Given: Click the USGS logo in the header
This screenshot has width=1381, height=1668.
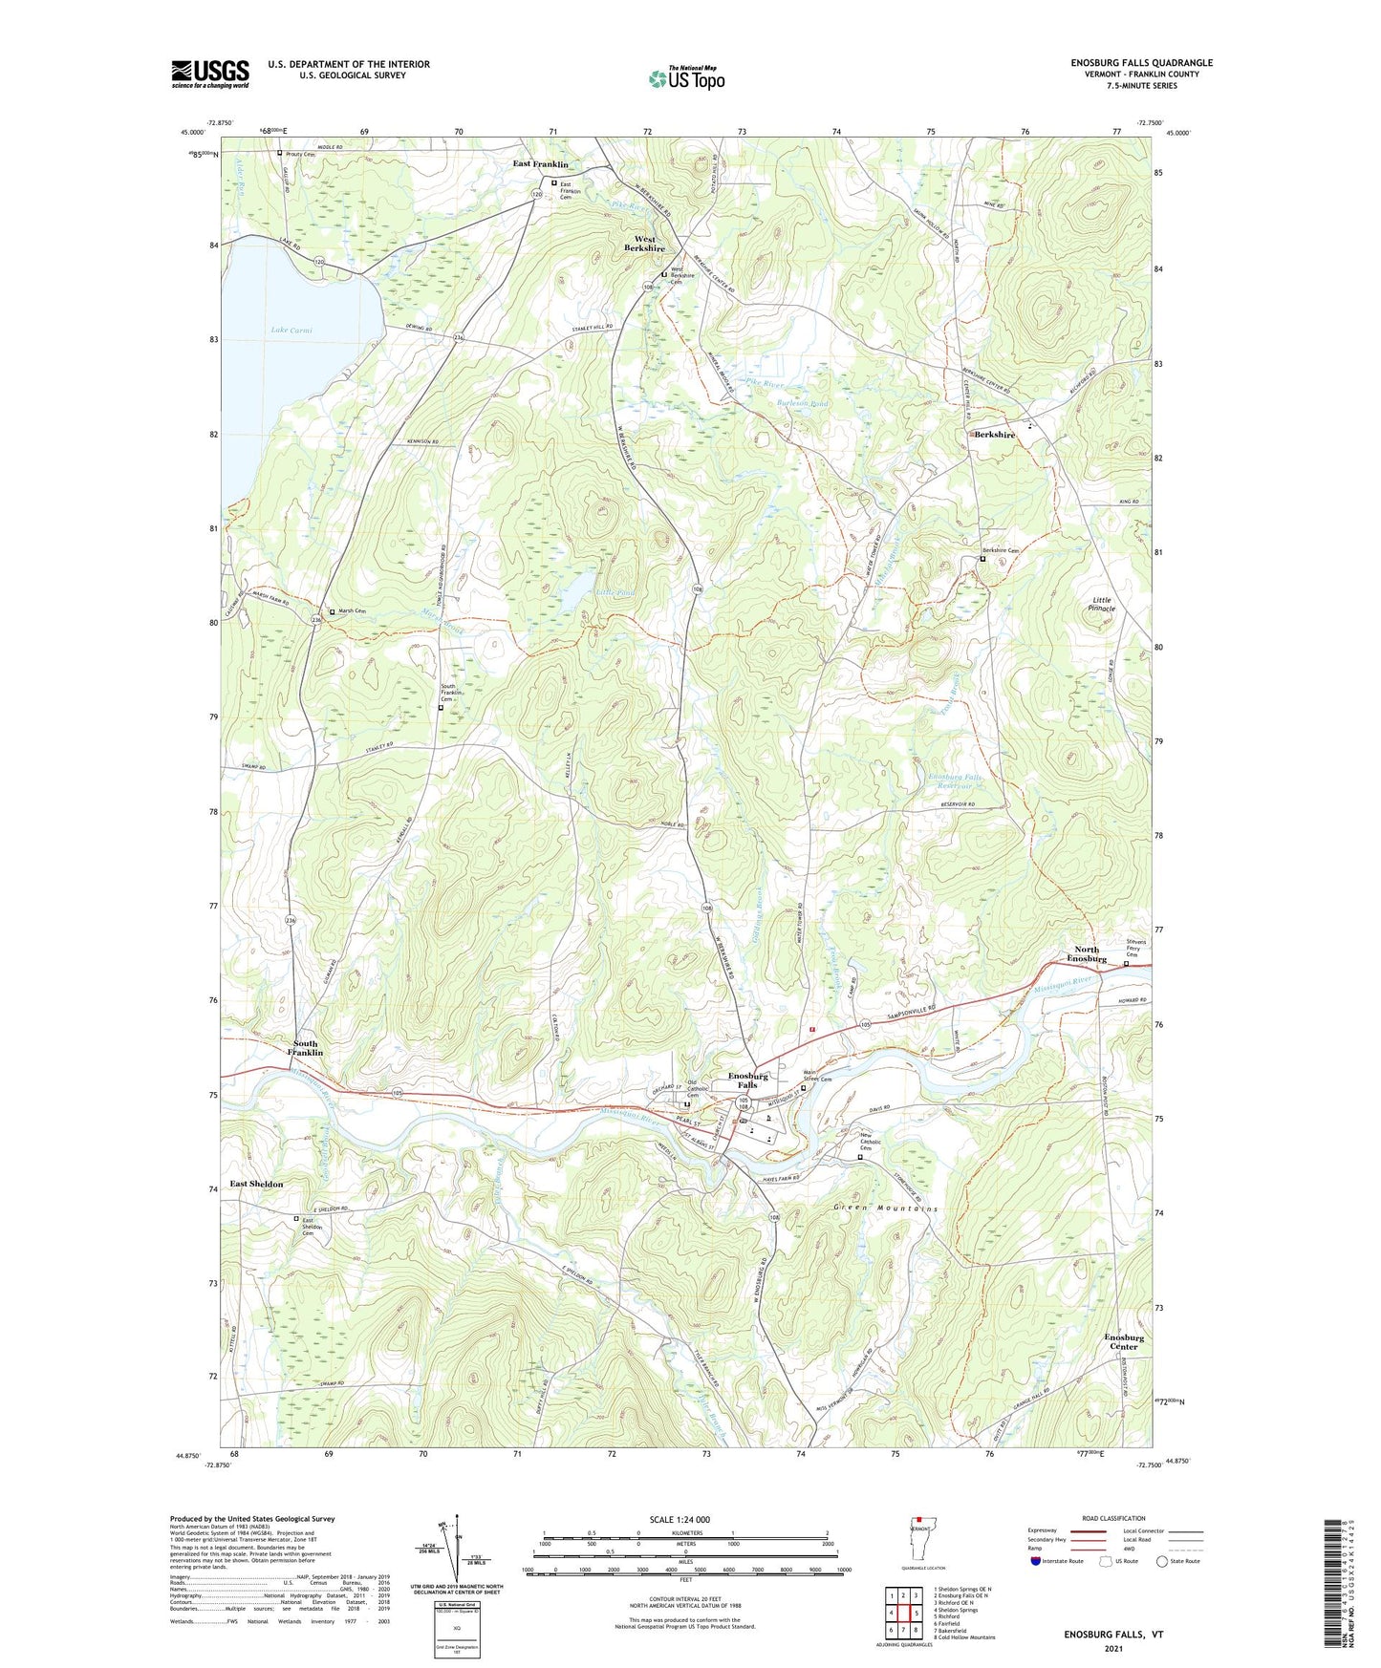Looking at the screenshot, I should click(210, 74).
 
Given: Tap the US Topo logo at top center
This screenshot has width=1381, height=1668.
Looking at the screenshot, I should click(685, 77).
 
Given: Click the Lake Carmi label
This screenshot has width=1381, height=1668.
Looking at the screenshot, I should click(291, 331).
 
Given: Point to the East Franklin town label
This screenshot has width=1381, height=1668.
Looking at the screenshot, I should click(540, 164).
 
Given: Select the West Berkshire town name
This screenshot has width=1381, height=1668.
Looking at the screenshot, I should click(644, 244).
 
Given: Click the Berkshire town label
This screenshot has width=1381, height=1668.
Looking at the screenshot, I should click(995, 435).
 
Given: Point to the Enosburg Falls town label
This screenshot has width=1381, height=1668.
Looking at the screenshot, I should click(748, 1080).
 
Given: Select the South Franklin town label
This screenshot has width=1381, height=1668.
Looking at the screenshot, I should click(305, 1048).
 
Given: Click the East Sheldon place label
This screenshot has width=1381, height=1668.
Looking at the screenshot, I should click(256, 1184).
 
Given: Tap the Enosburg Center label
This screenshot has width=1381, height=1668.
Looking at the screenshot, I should click(1124, 1341).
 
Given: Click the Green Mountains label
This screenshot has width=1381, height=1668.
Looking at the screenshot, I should click(885, 1208).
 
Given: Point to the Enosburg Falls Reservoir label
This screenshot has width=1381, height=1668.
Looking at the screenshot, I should click(955, 781).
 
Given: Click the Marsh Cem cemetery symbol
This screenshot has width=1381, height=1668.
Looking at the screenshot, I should click(332, 612).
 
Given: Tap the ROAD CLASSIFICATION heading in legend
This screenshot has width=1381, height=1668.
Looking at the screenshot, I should click(1087, 1518).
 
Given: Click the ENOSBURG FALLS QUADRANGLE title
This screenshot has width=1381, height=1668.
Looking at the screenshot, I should click(1141, 63).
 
